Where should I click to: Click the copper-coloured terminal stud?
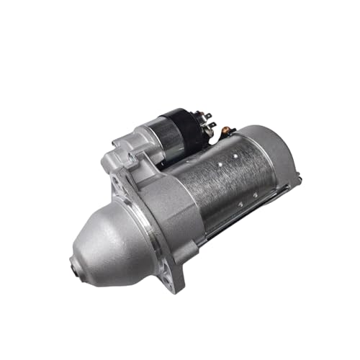pos(230,131)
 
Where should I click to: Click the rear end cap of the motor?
pos(277,158)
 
